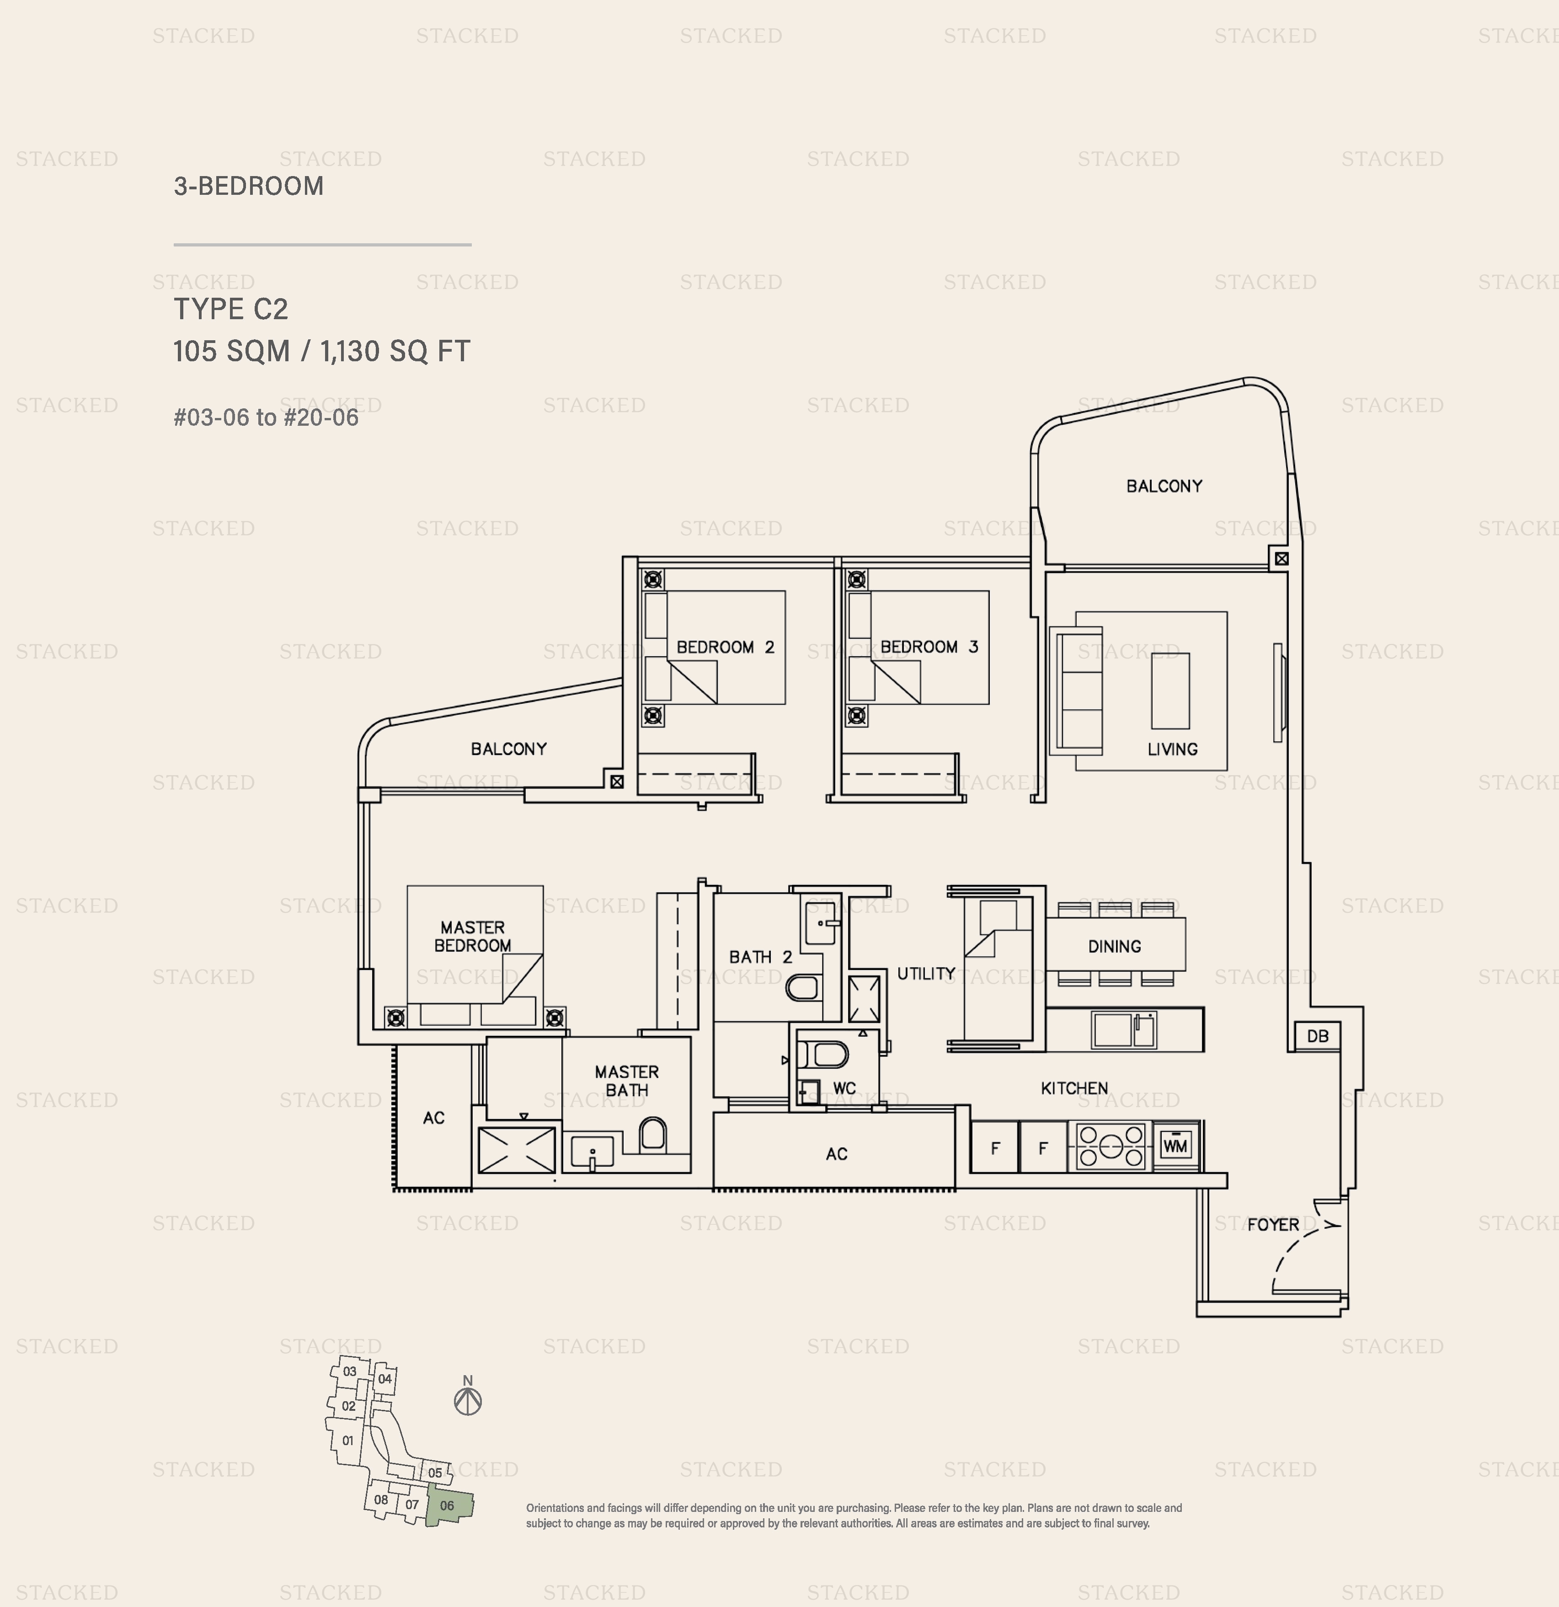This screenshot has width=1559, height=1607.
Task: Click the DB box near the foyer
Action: tap(1317, 1035)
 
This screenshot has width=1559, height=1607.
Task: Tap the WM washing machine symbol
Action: tap(1175, 1146)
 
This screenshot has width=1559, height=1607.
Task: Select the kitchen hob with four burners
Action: tap(1111, 1146)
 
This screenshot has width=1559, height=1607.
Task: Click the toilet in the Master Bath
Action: tap(652, 1135)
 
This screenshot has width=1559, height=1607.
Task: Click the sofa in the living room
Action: tap(1076, 691)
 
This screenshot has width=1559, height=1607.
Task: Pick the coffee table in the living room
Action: tap(1169, 691)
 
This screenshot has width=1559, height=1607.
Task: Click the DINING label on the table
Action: tap(1114, 946)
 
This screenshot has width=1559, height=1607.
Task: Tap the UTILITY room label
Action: tap(925, 973)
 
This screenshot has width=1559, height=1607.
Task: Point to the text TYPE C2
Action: tap(231, 309)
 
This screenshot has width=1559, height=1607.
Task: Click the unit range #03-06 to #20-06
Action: tap(266, 418)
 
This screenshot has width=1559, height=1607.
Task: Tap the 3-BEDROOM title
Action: tap(248, 186)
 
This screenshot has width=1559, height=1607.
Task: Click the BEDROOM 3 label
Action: tap(929, 647)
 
